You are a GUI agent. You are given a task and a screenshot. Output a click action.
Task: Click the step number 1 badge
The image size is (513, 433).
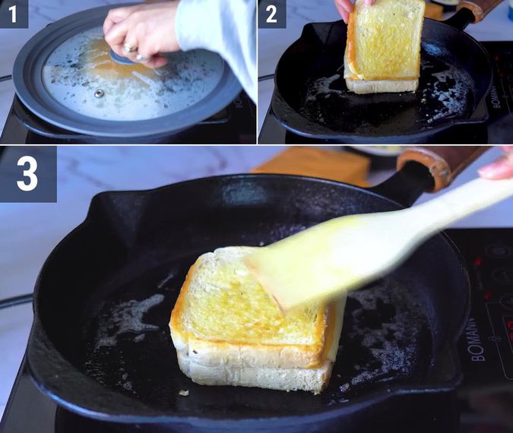(x=14, y=14)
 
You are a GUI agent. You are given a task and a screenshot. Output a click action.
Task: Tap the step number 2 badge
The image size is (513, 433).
(x=271, y=14)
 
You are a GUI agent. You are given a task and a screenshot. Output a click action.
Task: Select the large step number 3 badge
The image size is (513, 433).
(x=27, y=174)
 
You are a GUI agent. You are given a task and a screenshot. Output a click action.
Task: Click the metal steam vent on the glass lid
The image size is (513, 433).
(x=99, y=93)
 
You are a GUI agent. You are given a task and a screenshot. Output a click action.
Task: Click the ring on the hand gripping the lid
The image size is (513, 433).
(x=128, y=47)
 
